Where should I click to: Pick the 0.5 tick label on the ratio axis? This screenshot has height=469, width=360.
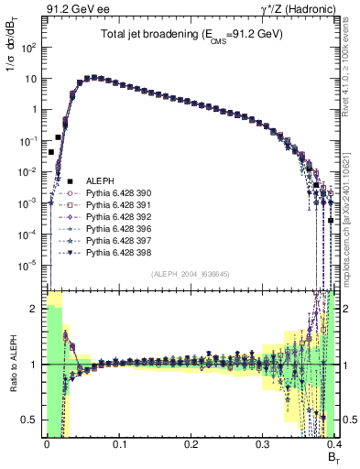tap(32, 420)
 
